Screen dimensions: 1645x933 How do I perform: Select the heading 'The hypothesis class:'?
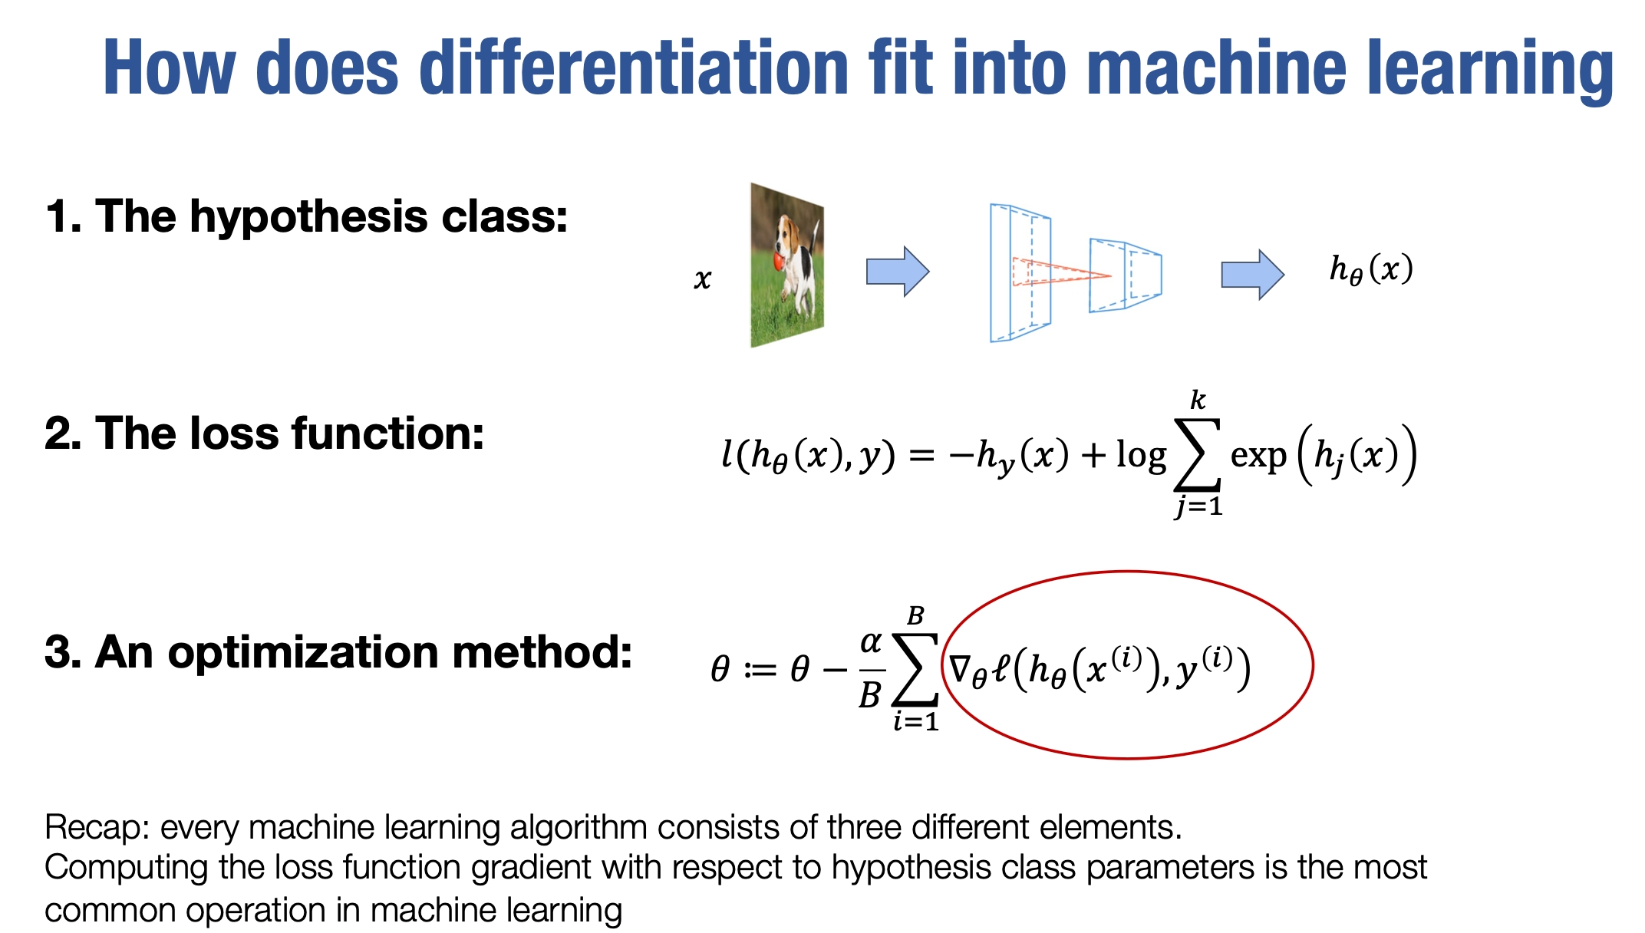coord(331,216)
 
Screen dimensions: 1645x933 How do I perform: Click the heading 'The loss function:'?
coord(290,434)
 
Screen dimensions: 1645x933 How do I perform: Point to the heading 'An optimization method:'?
coord(364,652)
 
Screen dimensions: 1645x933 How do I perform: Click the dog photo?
coord(787,265)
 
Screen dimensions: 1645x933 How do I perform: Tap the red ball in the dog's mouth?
coord(778,261)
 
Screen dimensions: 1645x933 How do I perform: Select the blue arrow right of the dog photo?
coord(898,272)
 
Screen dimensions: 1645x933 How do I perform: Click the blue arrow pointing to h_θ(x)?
coord(1252,274)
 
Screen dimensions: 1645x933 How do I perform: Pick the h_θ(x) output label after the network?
coord(1371,269)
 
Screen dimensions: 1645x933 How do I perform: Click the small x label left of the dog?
coord(703,279)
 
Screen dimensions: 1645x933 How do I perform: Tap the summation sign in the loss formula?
coord(1198,454)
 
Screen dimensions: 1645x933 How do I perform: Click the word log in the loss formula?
coord(1141,456)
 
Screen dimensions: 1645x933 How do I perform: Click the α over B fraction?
coord(872,669)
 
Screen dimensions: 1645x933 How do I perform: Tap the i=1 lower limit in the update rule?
coord(916,721)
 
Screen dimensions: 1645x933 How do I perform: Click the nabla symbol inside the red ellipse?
coord(962,668)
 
